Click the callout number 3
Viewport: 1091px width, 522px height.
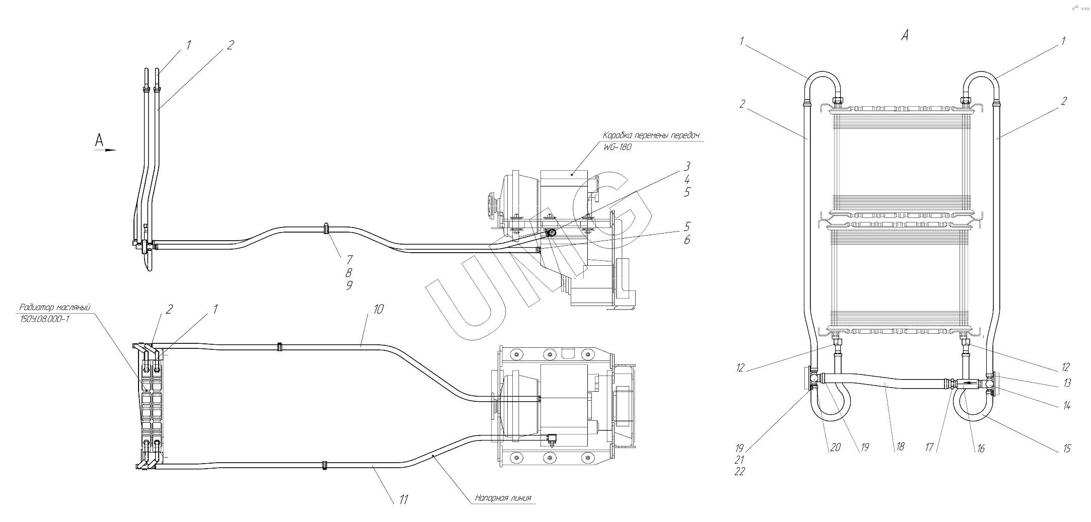pyautogui.click(x=687, y=166)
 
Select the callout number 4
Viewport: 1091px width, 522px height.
pyautogui.click(x=687, y=179)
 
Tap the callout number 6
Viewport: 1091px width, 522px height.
pyautogui.click(x=687, y=240)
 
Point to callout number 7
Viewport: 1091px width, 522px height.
pyautogui.click(x=349, y=259)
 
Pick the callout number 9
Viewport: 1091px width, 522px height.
pyautogui.click(x=349, y=285)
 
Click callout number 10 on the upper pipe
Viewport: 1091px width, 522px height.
pyautogui.click(x=378, y=309)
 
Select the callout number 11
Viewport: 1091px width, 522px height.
pyautogui.click(x=403, y=499)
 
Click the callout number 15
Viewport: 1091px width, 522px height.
pyautogui.click(x=1066, y=448)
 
